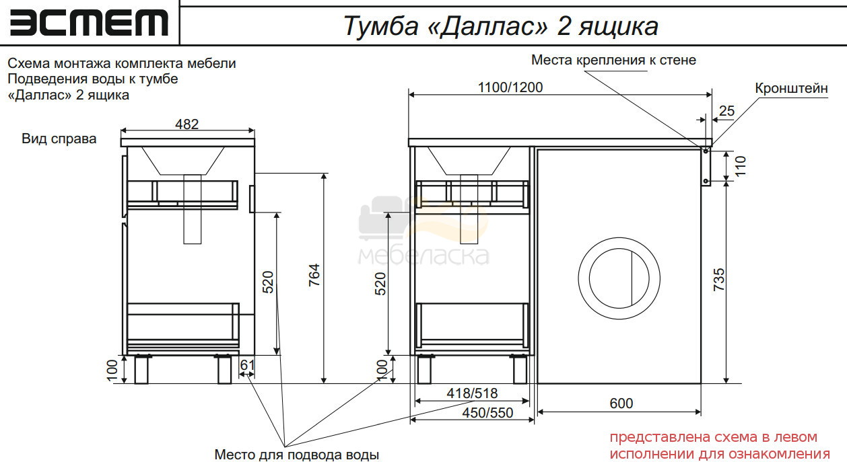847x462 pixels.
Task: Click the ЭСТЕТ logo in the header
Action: [89, 23]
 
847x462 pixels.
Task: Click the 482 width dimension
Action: [187, 124]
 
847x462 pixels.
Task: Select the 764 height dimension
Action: [314, 275]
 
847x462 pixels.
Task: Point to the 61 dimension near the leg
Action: [247, 365]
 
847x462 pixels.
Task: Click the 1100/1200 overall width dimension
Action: [510, 87]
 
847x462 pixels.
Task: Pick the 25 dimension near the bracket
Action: [726, 111]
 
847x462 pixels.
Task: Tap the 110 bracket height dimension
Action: [741, 166]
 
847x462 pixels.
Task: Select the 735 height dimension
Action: [719, 280]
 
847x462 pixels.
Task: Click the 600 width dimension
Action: [621, 403]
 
